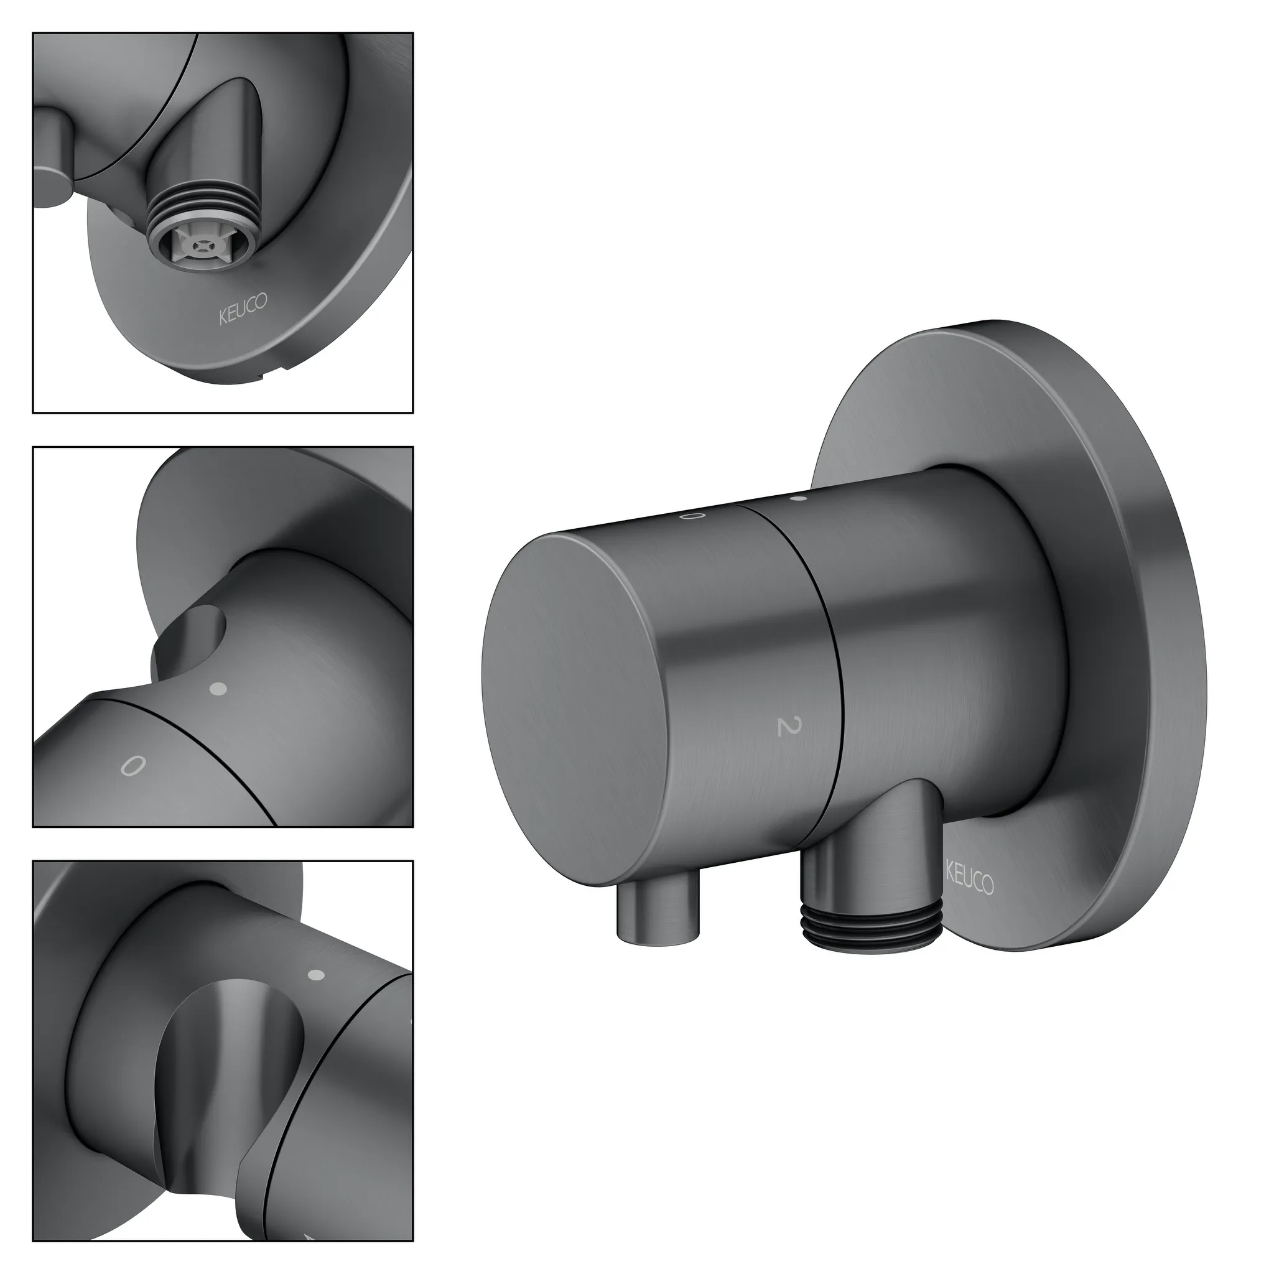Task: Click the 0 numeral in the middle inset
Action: [132, 766]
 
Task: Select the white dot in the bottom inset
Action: [317, 975]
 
